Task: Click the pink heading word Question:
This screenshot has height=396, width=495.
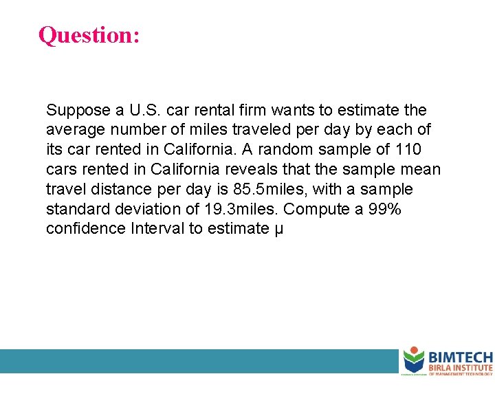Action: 89,34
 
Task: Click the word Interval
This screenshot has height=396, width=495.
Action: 157,228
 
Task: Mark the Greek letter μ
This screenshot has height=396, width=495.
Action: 278,230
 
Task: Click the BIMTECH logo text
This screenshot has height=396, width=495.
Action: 461,357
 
